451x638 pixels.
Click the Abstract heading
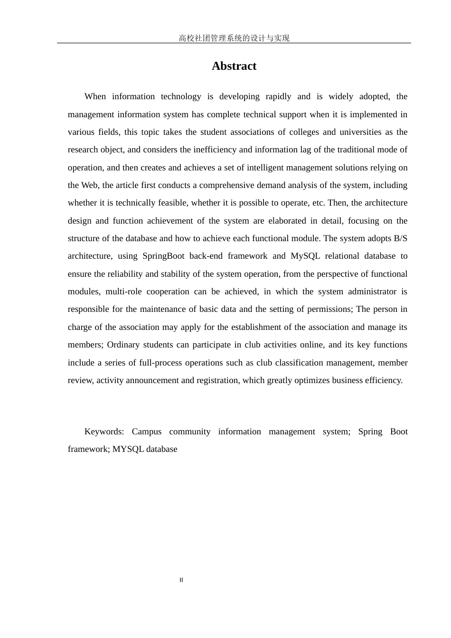pyautogui.click(x=234, y=66)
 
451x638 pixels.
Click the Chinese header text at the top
pyautogui.click(x=234, y=38)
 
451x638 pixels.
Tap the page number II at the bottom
pyautogui.click(x=181, y=580)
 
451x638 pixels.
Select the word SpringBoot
pyautogui.click(x=163, y=256)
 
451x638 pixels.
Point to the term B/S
pyautogui.click(x=401, y=238)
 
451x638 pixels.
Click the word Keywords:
pyautogui.click(x=104, y=432)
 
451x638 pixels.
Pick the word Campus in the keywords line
pyautogui.click(x=147, y=432)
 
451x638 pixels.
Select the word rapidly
pyautogui.click(x=278, y=96)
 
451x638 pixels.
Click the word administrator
pyautogui.click(x=372, y=291)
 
